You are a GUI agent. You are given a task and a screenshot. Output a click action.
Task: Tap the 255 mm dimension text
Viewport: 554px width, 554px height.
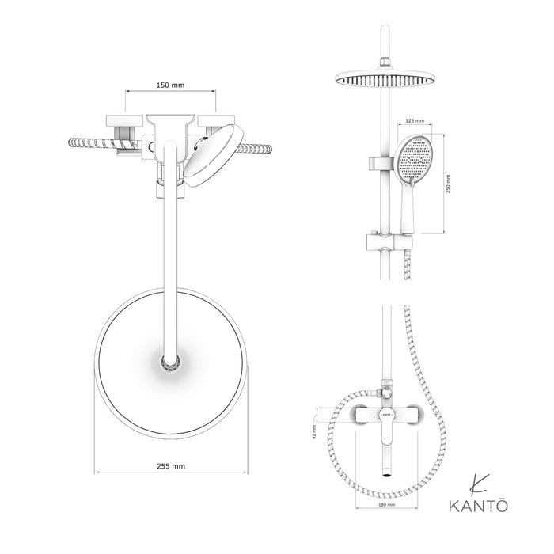pyautogui.click(x=171, y=466)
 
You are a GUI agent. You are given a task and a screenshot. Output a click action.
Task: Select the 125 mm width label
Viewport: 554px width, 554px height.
pyautogui.click(x=415, y=122)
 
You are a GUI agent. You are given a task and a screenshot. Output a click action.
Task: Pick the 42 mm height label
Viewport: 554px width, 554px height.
pyautogui.click(x=314, y=431)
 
